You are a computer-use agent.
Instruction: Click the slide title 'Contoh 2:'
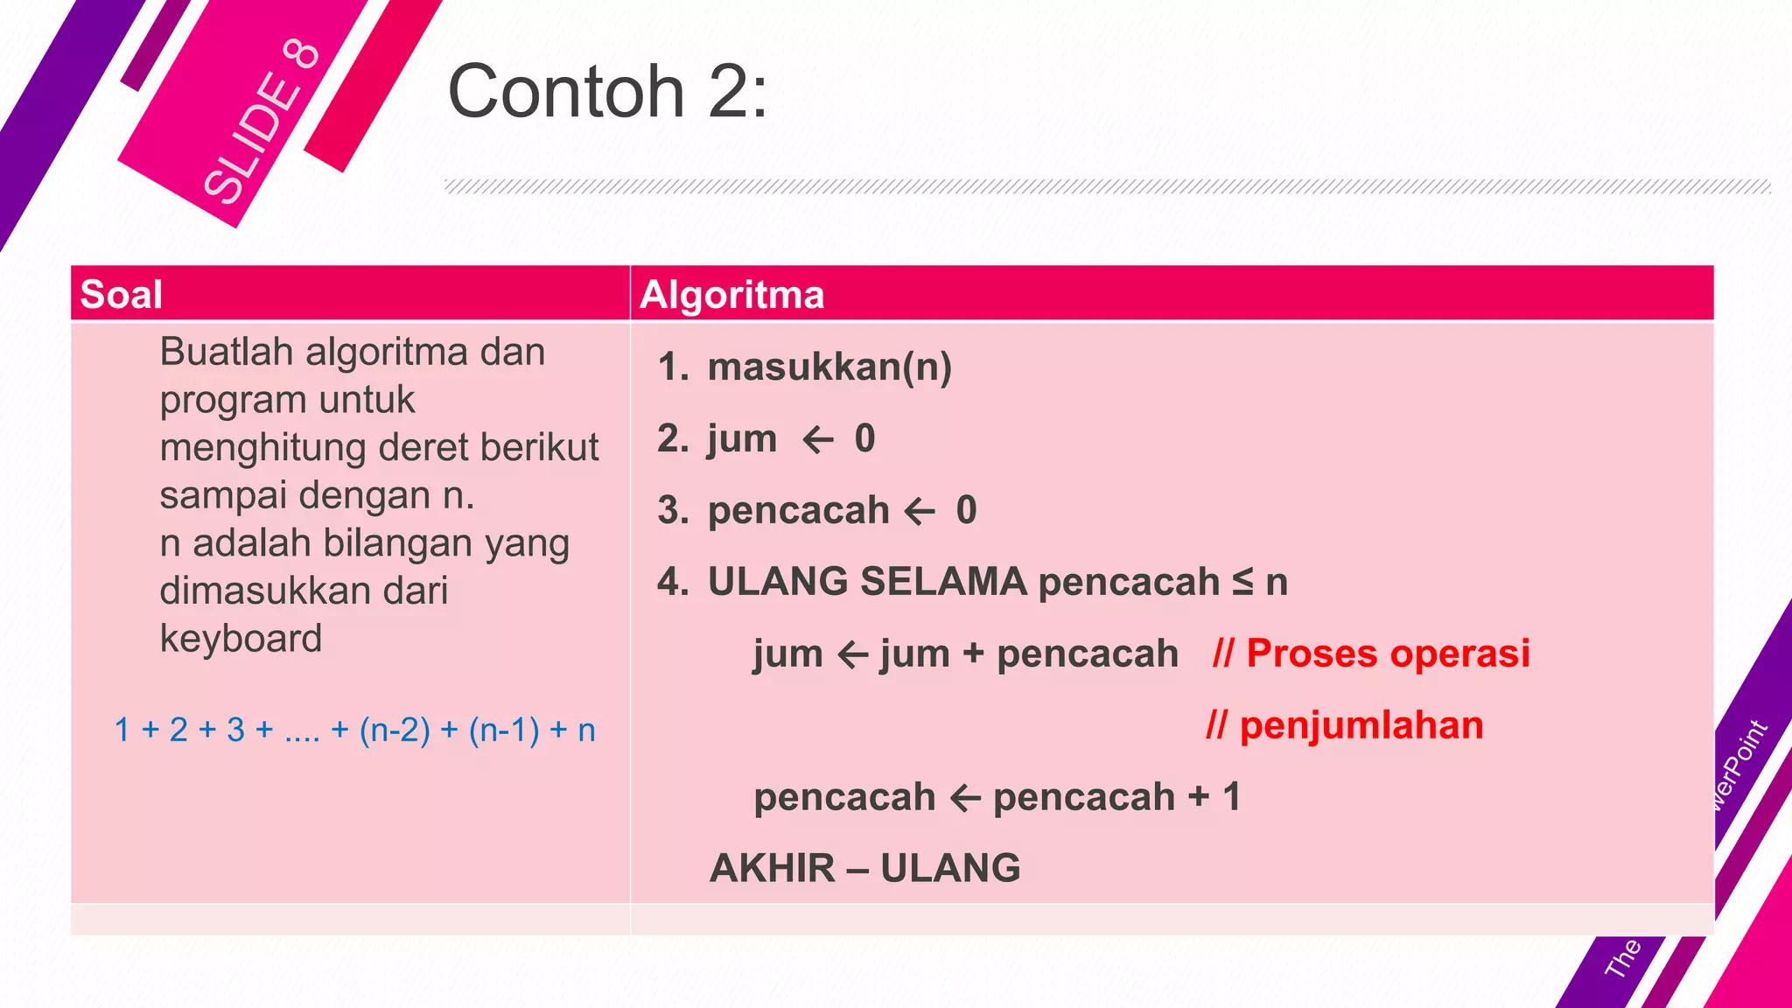click(x=607, y=91)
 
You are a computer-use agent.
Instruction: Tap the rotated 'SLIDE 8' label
click(x=261, y=122)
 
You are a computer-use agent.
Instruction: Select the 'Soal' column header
click(x=121, y=294)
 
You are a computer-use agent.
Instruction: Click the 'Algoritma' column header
click(x=731, y=294)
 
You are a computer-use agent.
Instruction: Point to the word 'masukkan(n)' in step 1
click(x=829, y=367)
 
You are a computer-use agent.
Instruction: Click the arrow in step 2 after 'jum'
click(x=817, y=439)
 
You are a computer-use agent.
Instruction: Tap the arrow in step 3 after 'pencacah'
click(x=919, y=511)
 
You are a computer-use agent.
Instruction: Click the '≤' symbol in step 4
click(x=1242, y=582)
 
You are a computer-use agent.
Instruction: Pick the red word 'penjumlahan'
click(x=1361, y=725)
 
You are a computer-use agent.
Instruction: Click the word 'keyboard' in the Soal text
click(x=241, y=639)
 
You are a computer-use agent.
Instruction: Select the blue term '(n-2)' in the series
click(x=395, y=730)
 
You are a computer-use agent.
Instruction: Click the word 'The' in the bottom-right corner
click(x=1622, y=957)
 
